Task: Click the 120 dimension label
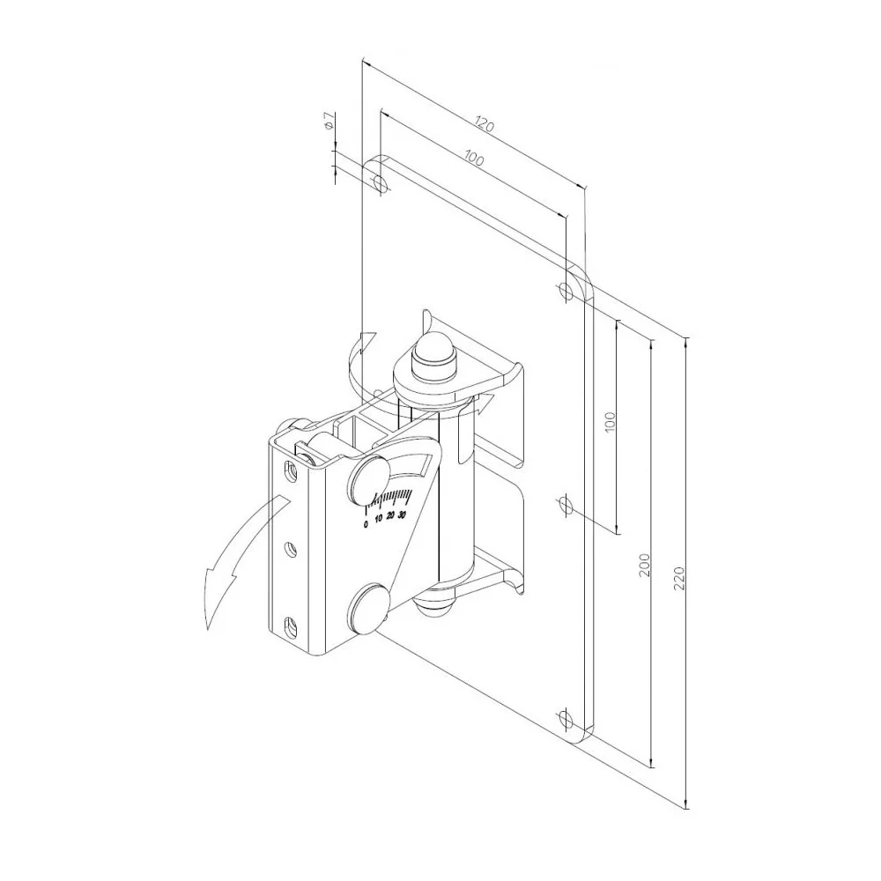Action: click(x=485, y=123)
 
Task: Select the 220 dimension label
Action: click(x=679, y=578)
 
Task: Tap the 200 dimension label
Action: click(x=645, y=565)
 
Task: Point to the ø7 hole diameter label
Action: click(x=329, y=122)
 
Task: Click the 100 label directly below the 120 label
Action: click(x=475, y=159)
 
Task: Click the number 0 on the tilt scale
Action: click(x=366, y=525)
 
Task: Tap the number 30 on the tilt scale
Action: click(x=402, y=515)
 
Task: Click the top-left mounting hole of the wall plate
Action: click(x=381, y=182)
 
